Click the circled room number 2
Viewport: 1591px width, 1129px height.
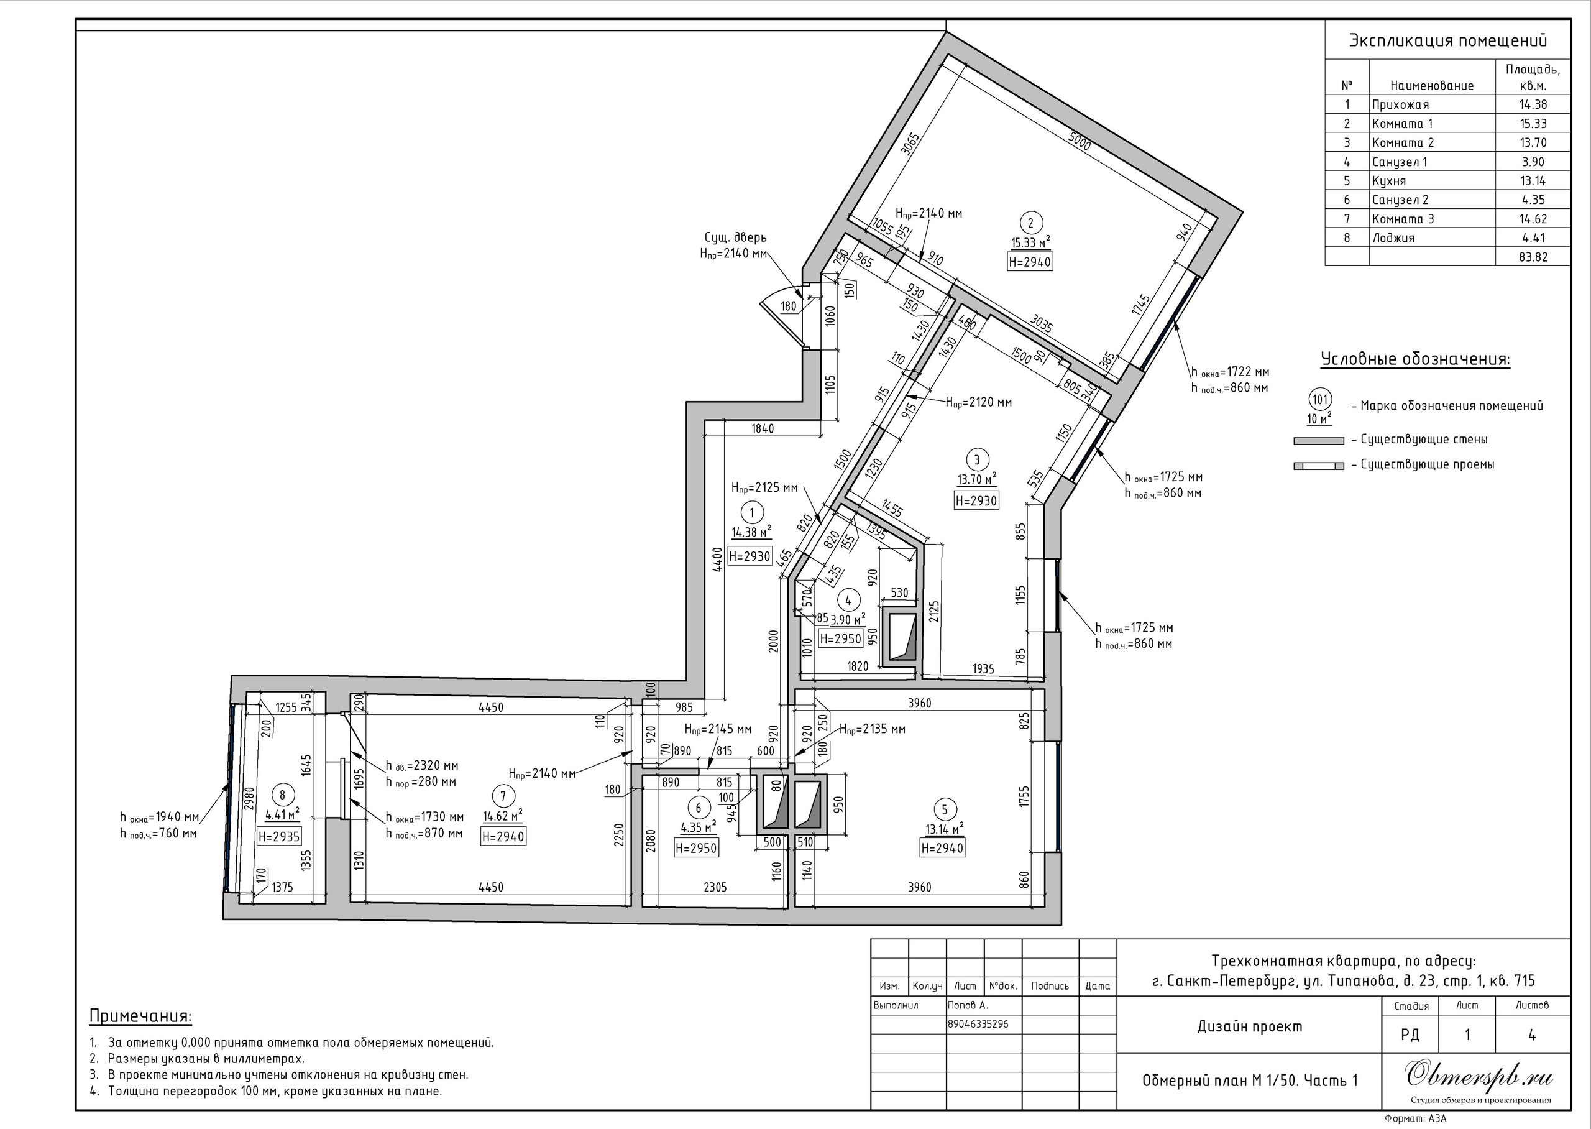pos(1030,223)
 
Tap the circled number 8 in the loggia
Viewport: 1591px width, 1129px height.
pos(282,795)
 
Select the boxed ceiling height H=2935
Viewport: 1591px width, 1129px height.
pos(279,837)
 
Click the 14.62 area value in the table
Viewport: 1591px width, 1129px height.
pos(1533,218)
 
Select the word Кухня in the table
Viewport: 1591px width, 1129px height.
pos(1389,181)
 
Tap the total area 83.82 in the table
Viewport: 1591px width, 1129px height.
pos(1533,257)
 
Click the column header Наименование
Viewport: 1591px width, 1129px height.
pos(1432,86)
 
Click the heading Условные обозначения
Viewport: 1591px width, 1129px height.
pos(1415,359)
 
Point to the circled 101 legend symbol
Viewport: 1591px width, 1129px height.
pos(1319,400)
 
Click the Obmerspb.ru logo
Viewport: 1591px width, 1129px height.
pos(1480,1076)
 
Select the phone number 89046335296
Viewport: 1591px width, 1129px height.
pos(978,1024)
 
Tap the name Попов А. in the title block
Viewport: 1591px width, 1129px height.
pos(968,1005)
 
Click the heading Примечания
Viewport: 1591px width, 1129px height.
pos(140,1016)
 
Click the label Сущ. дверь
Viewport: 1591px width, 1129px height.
pos(736,237)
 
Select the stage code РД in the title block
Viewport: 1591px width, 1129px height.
pos(1410,1035)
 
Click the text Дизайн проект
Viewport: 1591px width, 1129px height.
pos(1250,1026)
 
